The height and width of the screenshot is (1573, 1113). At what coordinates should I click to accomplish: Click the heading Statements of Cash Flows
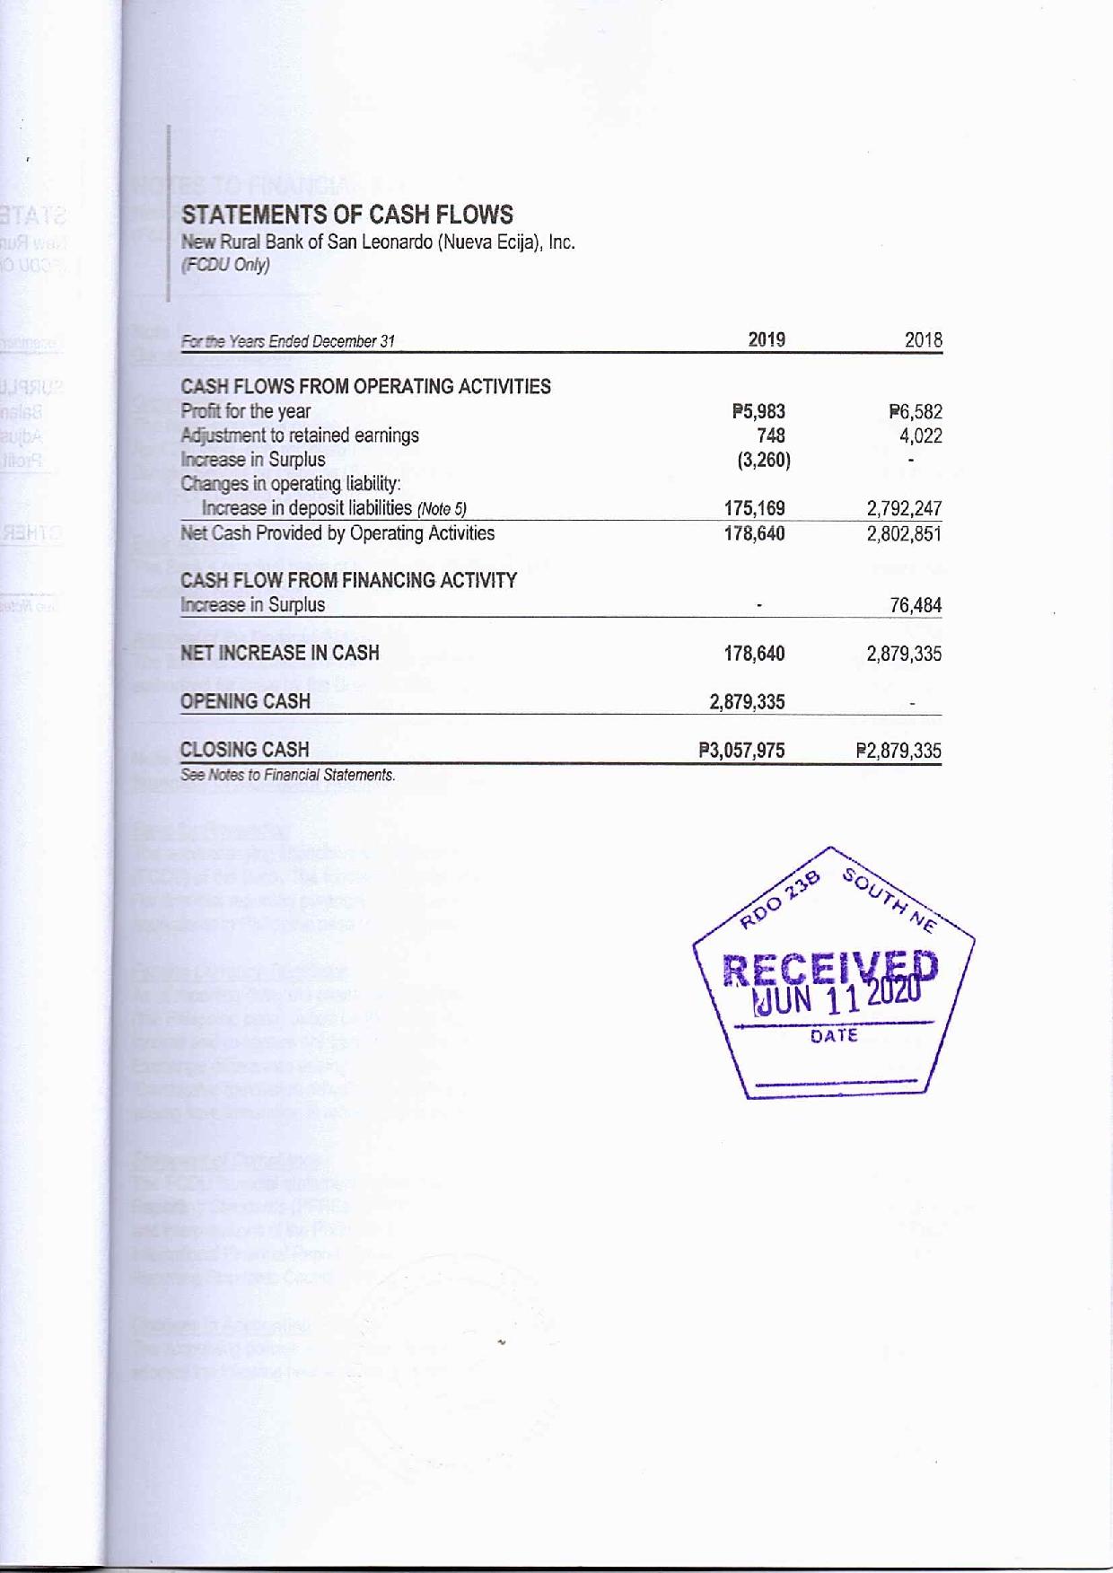click(x=346, y=215)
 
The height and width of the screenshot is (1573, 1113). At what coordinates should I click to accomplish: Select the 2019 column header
click(x=767, y=339)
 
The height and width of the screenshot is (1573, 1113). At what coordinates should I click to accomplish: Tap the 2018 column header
click(x=924, y=340)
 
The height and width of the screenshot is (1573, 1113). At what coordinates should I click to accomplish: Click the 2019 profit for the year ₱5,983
click(x=758, y=412)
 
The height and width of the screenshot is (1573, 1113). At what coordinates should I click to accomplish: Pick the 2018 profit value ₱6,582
click(x=916, y=413)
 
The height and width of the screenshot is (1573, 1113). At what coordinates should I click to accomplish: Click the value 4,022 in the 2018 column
click(x=921, y=436)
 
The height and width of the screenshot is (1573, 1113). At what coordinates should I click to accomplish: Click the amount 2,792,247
click(x=904, y=509)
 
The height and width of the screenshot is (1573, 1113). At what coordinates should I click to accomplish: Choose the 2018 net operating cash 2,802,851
click(x=904, y=533)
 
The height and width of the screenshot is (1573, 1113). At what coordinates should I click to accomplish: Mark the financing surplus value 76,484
click(x=916, y=605)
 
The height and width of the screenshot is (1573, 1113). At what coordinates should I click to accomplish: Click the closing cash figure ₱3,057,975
click(x=741, y=750)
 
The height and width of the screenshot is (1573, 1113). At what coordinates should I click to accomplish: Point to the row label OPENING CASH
click(x=245, y=701)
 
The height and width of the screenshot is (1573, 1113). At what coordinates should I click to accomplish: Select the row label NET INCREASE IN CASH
click(x=279, y=653)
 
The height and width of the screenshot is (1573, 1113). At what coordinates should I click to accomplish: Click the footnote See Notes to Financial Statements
click(x=287, y=775)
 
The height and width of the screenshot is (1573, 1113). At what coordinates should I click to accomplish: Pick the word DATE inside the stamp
click(x=834, y=1035)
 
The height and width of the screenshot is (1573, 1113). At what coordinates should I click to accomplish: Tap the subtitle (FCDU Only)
click(x=225, y=265)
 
